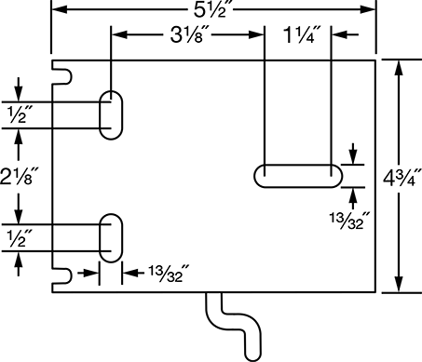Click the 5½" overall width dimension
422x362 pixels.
(213, 10)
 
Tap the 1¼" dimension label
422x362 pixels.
(302, 34)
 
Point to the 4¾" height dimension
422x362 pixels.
(402, 178)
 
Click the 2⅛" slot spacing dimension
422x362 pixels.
(20, 176)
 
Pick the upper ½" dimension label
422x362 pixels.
(20, 114)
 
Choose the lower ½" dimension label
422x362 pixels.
(20, 238)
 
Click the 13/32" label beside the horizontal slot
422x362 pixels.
(350, 221)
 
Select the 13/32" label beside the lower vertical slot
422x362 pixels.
(169, 274)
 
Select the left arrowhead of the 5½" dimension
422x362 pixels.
(59, 9)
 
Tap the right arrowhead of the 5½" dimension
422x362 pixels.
(368, 9)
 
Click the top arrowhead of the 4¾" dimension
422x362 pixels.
(399, 68)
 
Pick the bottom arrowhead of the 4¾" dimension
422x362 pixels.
(399, 284)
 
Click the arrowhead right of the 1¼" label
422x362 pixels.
(340, 34)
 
